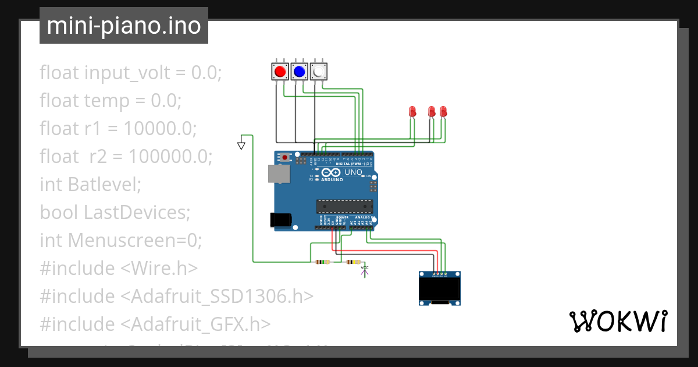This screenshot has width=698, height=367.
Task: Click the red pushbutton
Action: [x=280, y=72]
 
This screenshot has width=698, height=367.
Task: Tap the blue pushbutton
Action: [x=299, y=72]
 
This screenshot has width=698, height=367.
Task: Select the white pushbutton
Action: [x=318, y=72]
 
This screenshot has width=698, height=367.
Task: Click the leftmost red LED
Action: [x=412, y=111]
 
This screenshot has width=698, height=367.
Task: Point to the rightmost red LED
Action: [x=443, y=111]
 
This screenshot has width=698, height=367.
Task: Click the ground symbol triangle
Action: [x=241, y=145]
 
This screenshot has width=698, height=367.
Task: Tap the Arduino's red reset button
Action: [x=284, y=157]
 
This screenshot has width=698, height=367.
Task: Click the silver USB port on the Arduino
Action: [x=279, y=174]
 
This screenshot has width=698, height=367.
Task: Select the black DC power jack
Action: [x=281, y=220]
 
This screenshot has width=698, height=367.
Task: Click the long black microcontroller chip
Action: [x=344, y=206]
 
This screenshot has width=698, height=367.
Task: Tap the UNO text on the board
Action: [x=354, y=172]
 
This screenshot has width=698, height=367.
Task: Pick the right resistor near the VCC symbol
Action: [x=353, y=262]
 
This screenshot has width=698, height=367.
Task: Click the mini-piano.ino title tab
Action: [x=124, y=26]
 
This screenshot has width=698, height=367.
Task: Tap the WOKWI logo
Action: [x=618, y=321]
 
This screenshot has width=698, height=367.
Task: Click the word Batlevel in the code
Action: [x=105, y=184]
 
